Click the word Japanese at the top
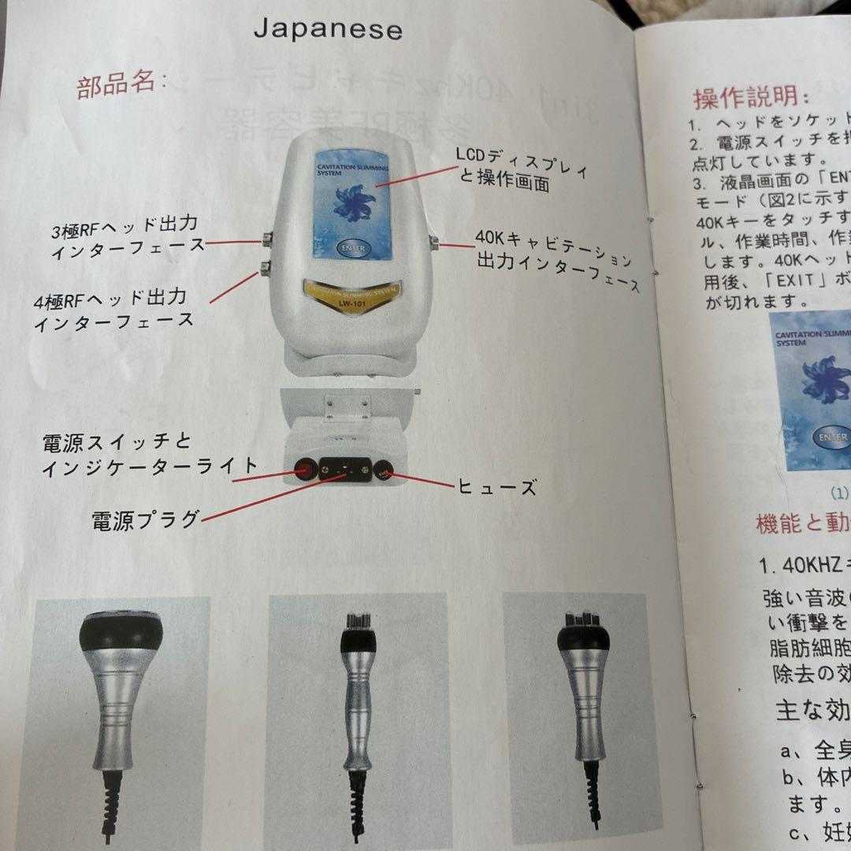328,29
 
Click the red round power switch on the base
303,470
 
